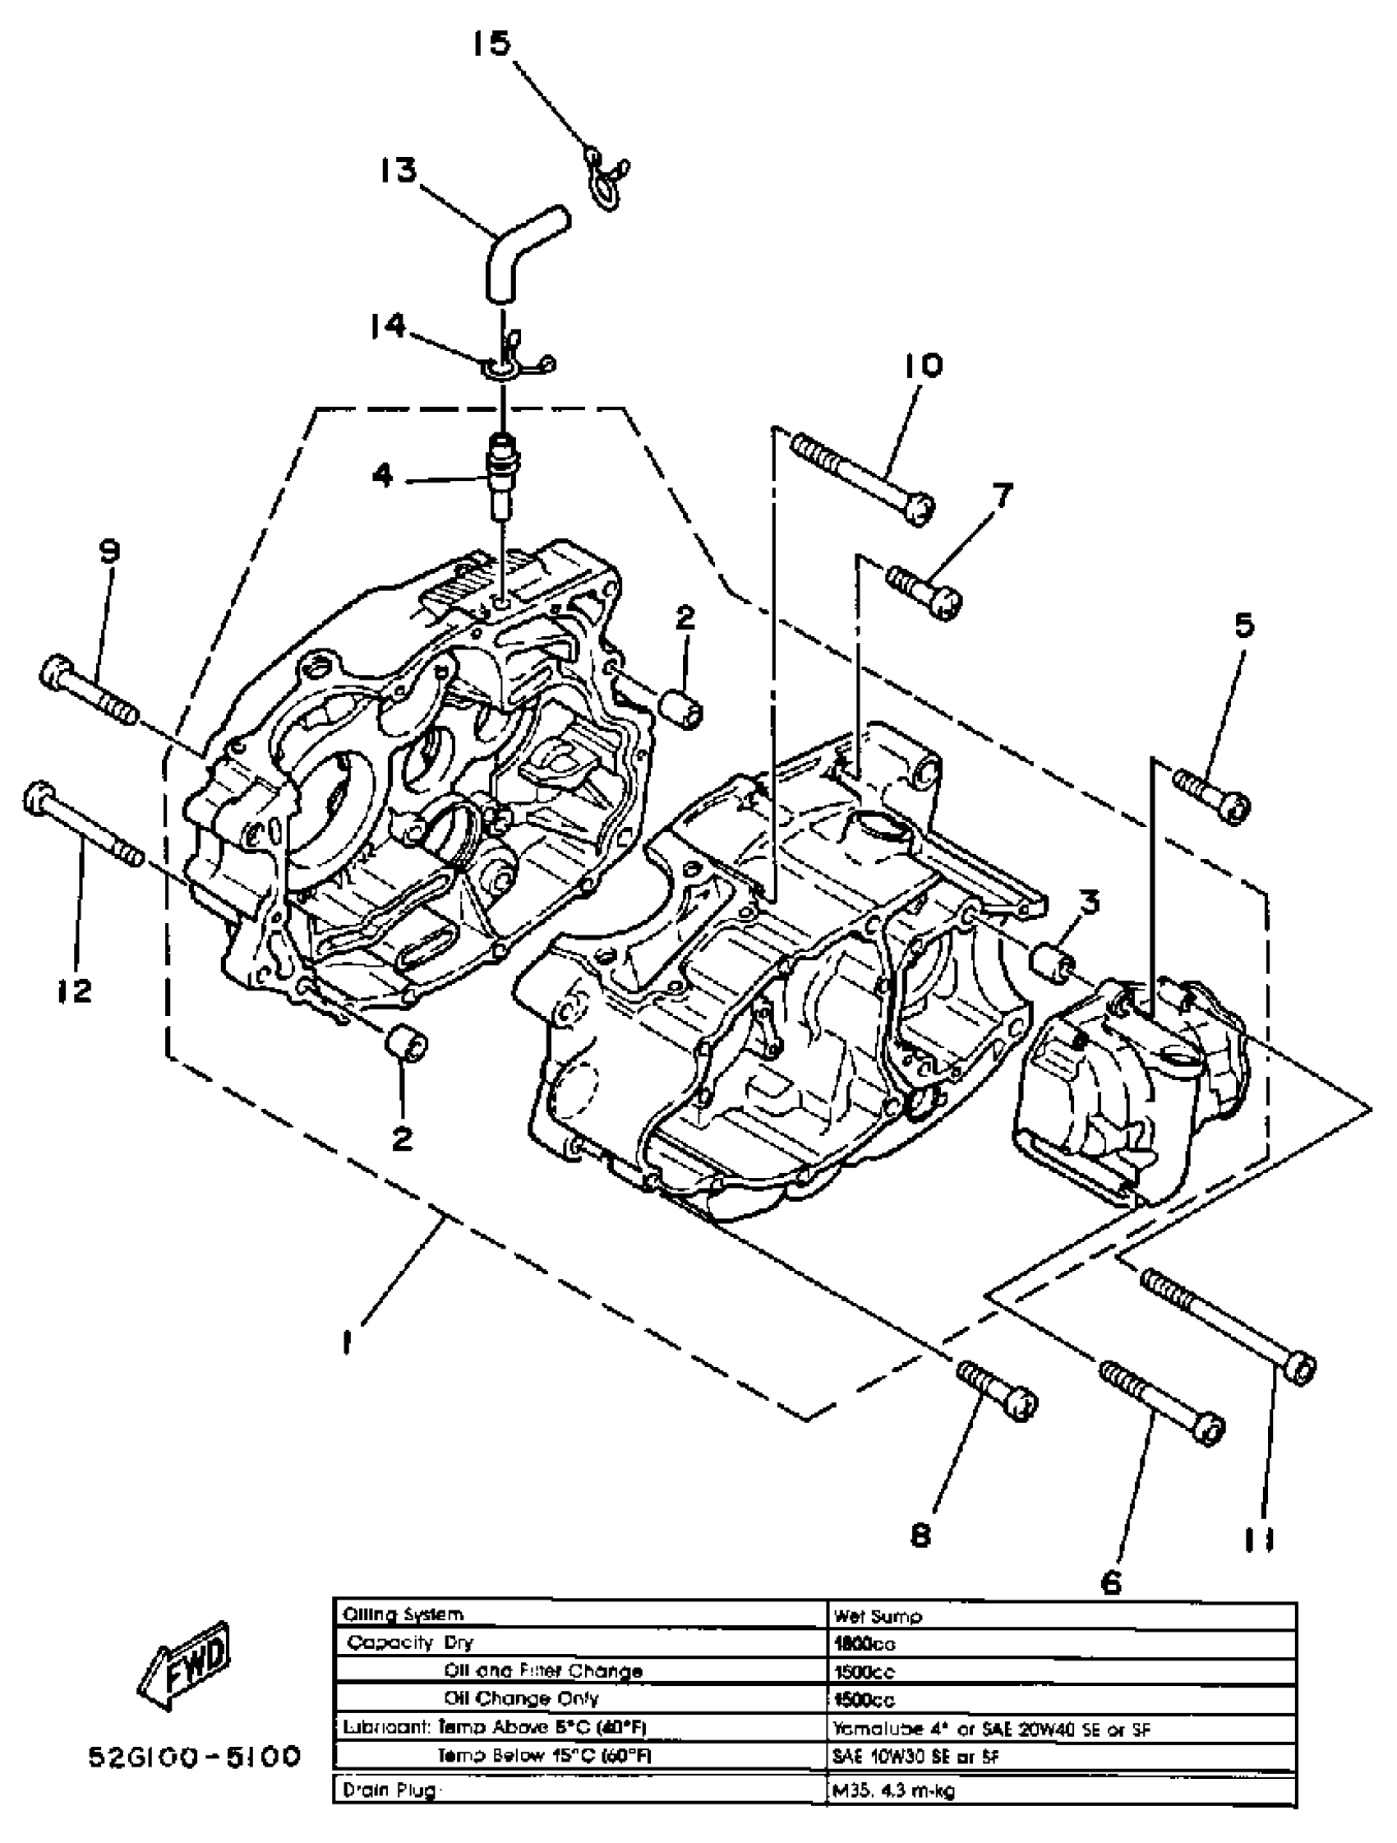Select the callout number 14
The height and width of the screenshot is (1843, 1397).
(388, 325)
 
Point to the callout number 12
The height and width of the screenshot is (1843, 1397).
(76, 991)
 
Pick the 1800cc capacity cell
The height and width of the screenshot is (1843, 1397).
(863, 1644)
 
